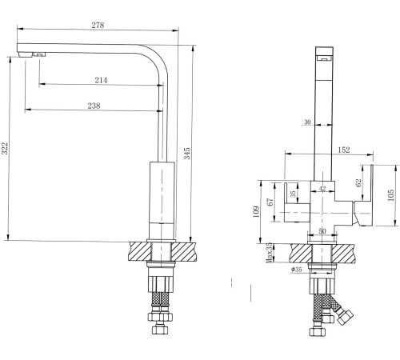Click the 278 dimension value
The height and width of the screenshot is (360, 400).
[x=98, y=25]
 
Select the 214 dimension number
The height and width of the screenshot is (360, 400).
[x=101, y=80]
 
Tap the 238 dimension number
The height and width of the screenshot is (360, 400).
[x=94, y=106]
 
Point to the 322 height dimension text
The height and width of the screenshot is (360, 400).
[x=5, y=149]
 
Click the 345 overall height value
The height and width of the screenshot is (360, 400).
[x=187, y=154]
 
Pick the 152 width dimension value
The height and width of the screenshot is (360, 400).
[x=344, y=150]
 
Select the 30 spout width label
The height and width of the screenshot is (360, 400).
[x=307, y=122]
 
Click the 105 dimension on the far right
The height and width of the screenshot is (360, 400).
[x=390, y=195]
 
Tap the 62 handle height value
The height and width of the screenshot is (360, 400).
[x=358, y=182]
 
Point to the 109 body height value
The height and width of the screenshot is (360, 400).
[x=256, y=212]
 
